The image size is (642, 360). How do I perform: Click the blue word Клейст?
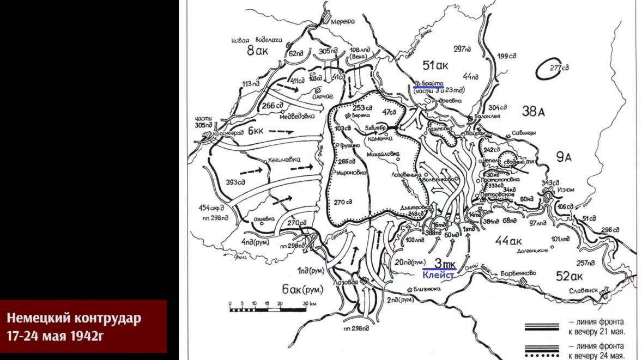click(x=439, y=276)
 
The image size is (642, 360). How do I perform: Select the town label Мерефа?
click(x=344, y=21)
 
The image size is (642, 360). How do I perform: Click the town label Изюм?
click(x=565, y=190)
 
